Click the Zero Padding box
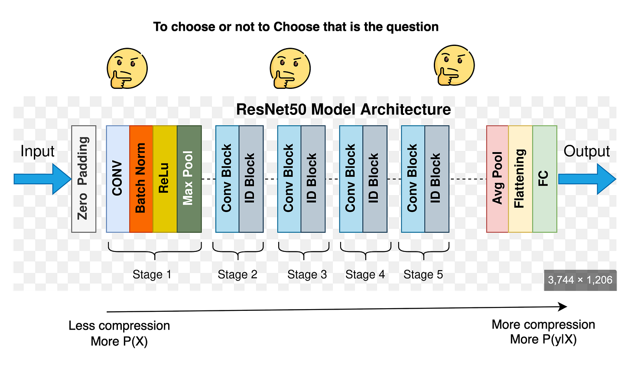point(84,179)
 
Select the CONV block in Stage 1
point(118,179)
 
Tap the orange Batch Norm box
point(141,179)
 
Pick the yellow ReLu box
point(165,179)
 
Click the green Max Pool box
point(189,179)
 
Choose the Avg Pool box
point(498,179)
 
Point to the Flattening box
point(520,179)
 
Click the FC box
point(544,179)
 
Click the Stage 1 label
point(152,275)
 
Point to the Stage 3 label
point(307,275)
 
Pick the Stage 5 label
point(423,275)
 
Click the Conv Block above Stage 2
point(227,179)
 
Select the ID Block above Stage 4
point(374,179)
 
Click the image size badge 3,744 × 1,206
point(580,280)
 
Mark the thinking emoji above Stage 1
point(127,68)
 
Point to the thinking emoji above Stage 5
point(454,65)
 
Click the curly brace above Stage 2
point(238,250)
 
